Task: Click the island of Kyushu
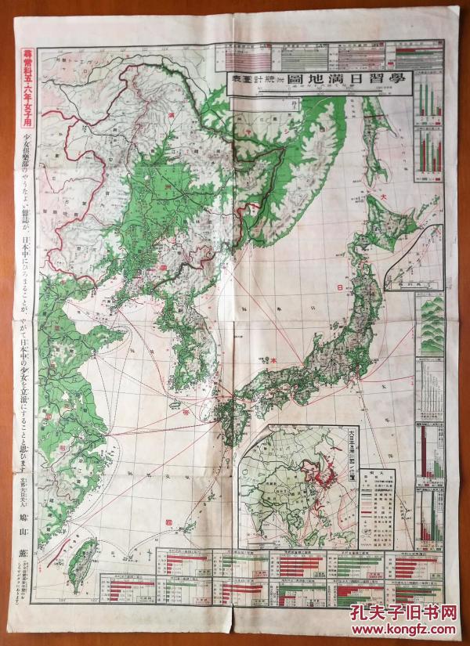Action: pyautogui.click(x=240, y=420)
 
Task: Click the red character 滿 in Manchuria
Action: pyautogui.click(x=172, y=116)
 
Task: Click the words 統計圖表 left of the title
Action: pyautogui.click(x=252, y=80)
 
